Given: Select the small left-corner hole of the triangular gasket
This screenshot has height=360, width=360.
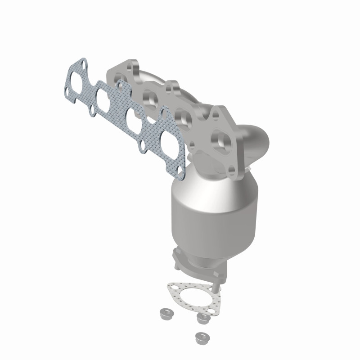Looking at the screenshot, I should click(171, 287).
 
